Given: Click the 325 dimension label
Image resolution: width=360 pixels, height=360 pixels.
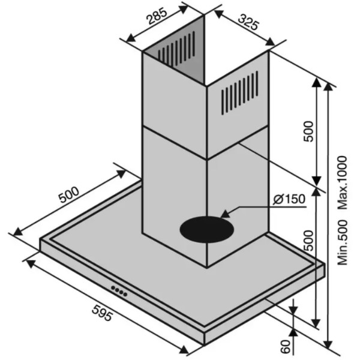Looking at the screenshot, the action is coord(248,22).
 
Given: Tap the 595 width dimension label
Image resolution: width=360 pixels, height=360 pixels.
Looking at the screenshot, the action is coord(102,313).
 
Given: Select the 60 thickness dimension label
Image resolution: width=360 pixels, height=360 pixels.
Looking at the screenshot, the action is coord(286,347).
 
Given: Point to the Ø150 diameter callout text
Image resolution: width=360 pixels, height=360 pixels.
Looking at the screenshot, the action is coord(289,199).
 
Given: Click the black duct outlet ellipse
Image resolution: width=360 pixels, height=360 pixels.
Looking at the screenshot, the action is coord(206,229).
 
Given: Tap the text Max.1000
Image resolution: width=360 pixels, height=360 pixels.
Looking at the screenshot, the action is coord(342,182).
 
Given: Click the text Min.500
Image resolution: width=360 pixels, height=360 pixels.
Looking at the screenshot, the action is coord(342,242).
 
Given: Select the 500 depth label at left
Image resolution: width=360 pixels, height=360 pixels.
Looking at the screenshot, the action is coord(69,195).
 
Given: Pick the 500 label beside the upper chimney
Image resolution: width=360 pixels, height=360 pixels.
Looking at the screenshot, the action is coord(308,131).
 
